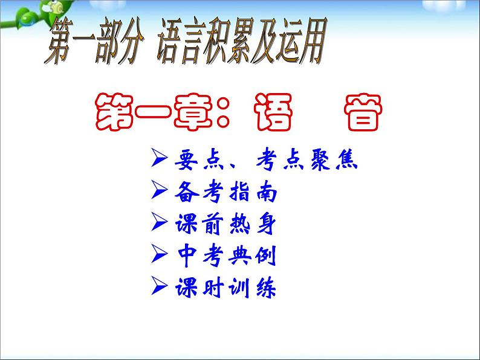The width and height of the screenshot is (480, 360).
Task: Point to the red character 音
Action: [359, 112]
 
